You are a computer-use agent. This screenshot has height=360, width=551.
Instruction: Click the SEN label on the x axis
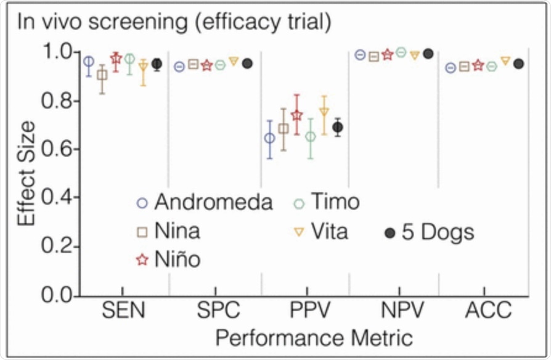pyautogui.click(x=124, y=311)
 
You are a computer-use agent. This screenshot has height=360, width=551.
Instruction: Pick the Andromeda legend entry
pyautogui.click(x=205, y=202)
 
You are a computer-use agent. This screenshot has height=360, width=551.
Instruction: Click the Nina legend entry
pyautogui.click(x=168, y=232)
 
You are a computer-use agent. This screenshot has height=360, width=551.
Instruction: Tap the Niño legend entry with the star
pyautogui.click(x=168, y=260)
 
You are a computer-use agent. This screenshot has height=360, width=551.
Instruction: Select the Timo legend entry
pyautogui.click(x=325, y=202)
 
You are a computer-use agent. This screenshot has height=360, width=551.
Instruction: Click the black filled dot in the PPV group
pyautogui.click(x=337, y=128)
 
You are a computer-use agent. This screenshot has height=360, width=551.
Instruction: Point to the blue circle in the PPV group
pyautogui.click(x=269, y=138)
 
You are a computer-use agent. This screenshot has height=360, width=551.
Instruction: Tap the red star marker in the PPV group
pyautogui.click(x=296, y=115)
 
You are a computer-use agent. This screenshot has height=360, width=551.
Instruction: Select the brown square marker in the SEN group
pyautogui.click(x=102, y=75)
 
